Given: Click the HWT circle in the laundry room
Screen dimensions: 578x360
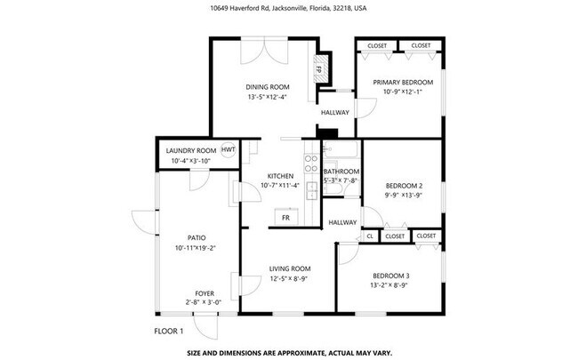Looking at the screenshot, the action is point(228,149).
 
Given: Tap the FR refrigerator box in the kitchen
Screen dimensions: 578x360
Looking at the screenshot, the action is point(285,217).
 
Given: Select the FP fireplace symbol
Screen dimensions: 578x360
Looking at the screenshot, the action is point(319,69).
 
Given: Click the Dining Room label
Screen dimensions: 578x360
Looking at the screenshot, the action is point(268,87).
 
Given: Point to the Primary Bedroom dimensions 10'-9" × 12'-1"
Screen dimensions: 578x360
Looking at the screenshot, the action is point(403,92).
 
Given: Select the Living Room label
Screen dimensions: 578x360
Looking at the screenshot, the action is point(290,268).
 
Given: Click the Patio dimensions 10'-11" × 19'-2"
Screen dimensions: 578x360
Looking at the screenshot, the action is point(195,248).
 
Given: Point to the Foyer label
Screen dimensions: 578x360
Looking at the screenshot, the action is point(205,293).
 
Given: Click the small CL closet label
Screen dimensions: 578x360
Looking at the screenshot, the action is point(370,236).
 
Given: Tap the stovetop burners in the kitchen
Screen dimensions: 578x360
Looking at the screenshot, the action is point(311,164).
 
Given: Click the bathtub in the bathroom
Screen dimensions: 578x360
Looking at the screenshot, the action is point(341,149).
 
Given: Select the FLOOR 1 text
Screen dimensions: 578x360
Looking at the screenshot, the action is point(168,332).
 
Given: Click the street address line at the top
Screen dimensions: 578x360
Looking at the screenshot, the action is point(288,8).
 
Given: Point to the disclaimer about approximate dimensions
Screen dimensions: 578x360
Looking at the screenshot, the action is point(290,353).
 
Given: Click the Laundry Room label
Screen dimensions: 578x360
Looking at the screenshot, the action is point(191,151).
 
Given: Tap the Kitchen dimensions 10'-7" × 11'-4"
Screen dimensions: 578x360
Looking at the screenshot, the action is point(280,186).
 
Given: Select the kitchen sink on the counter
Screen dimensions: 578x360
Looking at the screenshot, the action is point(312,190).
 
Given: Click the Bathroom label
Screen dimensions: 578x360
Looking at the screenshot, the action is point(341,172).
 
